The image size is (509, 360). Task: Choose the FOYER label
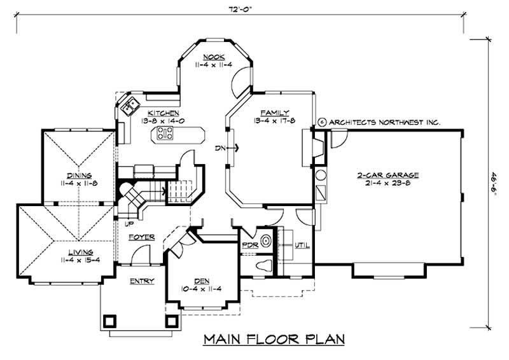141,237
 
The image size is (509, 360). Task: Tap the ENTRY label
142,280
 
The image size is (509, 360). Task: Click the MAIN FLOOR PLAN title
274,338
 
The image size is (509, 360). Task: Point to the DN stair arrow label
220,149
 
